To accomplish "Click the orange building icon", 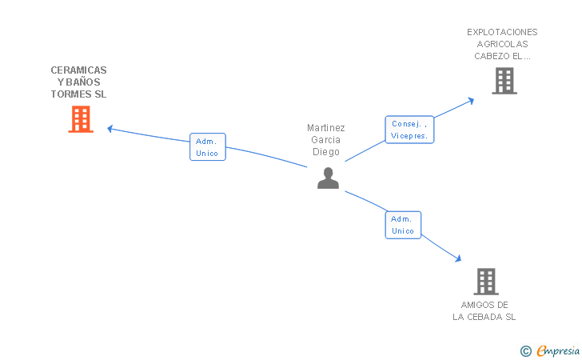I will tap(81, 119).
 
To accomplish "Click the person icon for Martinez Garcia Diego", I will tap(328, 178).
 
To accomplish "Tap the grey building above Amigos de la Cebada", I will tap(486, 282).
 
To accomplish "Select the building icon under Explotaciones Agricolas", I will tap(504, 81).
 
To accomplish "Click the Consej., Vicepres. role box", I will tap(409, 130).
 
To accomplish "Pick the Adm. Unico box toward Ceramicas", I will tap(208, 147).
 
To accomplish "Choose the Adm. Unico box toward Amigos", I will tap(403, 225).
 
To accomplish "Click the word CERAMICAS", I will tap(78, 70).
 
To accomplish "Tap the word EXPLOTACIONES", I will tap(502, 32).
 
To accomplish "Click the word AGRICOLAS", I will tap(502, 44).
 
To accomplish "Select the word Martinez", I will tap(326, 128).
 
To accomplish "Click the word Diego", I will tap(326, 152).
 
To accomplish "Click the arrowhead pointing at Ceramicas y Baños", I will tap(110, 128).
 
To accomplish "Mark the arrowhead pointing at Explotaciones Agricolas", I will tap(471, 101).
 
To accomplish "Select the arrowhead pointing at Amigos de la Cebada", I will tap(458, 258).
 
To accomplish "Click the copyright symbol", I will tap(525, 350).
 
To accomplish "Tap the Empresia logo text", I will tap(558, 350).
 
